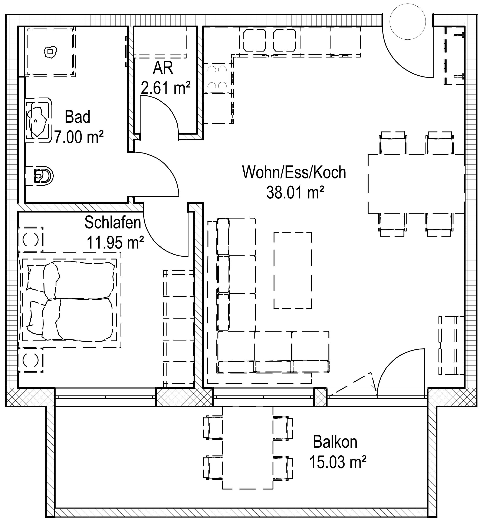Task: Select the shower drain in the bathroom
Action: pyautogui.click(x=50, y=52)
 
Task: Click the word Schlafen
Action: pyautogui.click(x=113, y=223)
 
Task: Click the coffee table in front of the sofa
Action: pyautogui.click(x=293, y=270)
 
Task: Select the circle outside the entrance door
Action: pyautogui.click(x=407, y=22)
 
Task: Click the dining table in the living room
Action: pyautogui.click(x=416, y=184)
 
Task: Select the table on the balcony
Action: pyautogui.click(x=247, y=447)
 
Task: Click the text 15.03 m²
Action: pyautogui.click(x=337, y=462)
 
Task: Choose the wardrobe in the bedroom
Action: pyautogui.click(x=178, y=328)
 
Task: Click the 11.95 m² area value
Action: pyautogui.click(x=115, y=242)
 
